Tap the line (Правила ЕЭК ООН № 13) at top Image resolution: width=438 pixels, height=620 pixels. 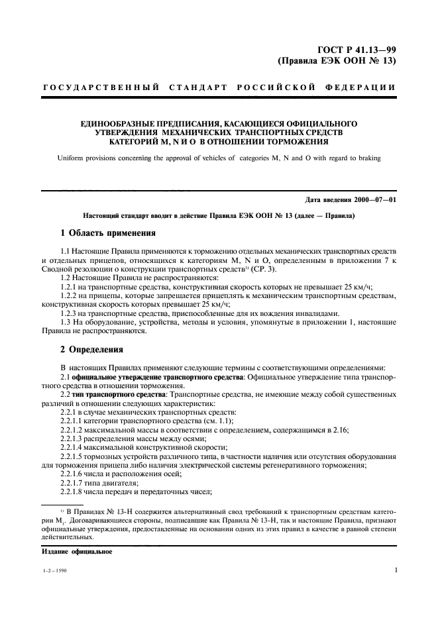coord(336,60)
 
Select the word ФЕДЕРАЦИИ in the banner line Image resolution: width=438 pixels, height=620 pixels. coord(362,87)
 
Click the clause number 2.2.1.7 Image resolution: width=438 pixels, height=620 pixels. coord(75,483)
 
